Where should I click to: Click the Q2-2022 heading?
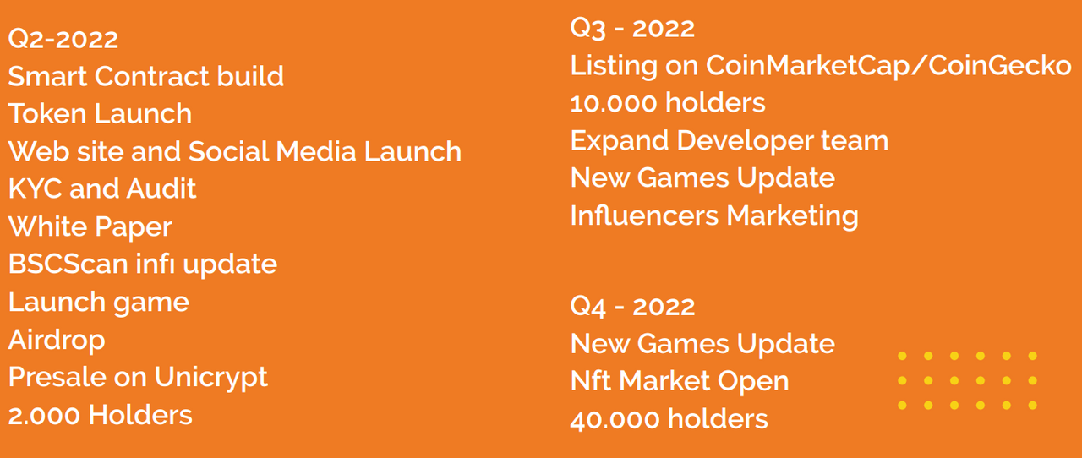(x=63, y=39)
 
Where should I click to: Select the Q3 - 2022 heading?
(x=632, y=28)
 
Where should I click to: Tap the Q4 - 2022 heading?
(x=632, y=306)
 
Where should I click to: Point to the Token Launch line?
(x=100, y=113)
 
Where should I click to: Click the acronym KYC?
(x=36, y=188)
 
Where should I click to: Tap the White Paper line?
(x=90, y=227)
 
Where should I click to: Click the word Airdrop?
(x=57, y=340)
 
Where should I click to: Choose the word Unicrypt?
(x=211, y=378)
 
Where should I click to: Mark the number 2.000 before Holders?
(x=45, y=416)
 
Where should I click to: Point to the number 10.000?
(x=614, y=103)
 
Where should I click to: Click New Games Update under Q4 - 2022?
(x=702, y=345)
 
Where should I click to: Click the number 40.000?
(x=615, y=419)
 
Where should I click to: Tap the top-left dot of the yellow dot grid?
(x=902, y=356)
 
